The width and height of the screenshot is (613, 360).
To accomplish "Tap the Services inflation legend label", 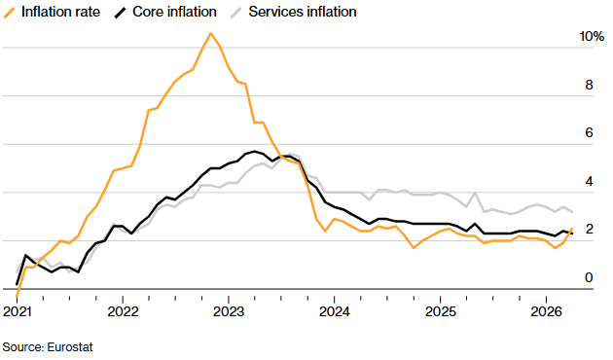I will [303, 13].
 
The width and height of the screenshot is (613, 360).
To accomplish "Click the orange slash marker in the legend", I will [9, 13].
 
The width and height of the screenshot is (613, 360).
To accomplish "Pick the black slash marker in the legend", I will [121, 13].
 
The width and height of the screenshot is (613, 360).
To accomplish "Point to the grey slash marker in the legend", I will [237, 13].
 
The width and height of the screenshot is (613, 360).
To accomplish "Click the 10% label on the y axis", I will [592, 36].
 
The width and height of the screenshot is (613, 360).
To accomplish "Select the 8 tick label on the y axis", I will [589, 85].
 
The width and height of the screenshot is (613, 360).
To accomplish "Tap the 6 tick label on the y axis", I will [589, 133].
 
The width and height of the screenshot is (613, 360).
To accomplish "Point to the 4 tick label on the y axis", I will [589, 182].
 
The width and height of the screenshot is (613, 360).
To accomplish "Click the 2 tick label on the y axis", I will [589, 230].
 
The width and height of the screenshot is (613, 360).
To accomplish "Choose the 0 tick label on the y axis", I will [589, 278].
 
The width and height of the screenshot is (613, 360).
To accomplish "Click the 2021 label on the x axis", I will [18, 311].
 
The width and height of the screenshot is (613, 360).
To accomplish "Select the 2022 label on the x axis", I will [123, 311].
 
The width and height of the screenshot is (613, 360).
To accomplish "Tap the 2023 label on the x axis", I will [228, 311].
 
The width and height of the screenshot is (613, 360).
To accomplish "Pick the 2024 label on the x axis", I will [334, 311].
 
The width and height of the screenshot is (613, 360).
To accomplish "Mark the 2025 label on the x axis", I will [439, 311].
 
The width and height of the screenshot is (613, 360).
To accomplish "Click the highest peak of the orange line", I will [210, 33].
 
